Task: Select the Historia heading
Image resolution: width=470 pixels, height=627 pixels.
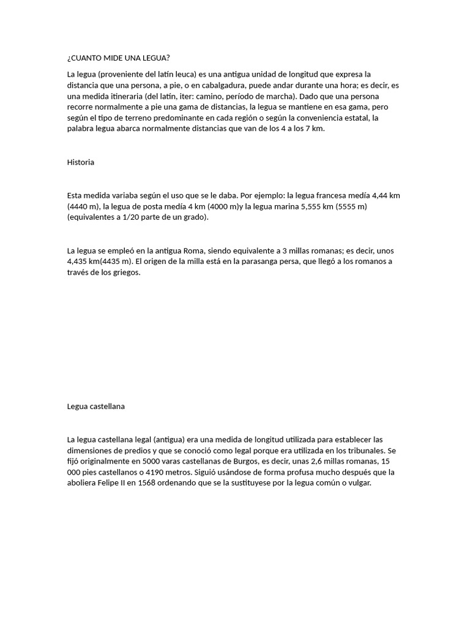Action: tap(81, 162)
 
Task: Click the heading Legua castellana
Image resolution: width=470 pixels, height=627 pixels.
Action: tap(96, 406)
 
